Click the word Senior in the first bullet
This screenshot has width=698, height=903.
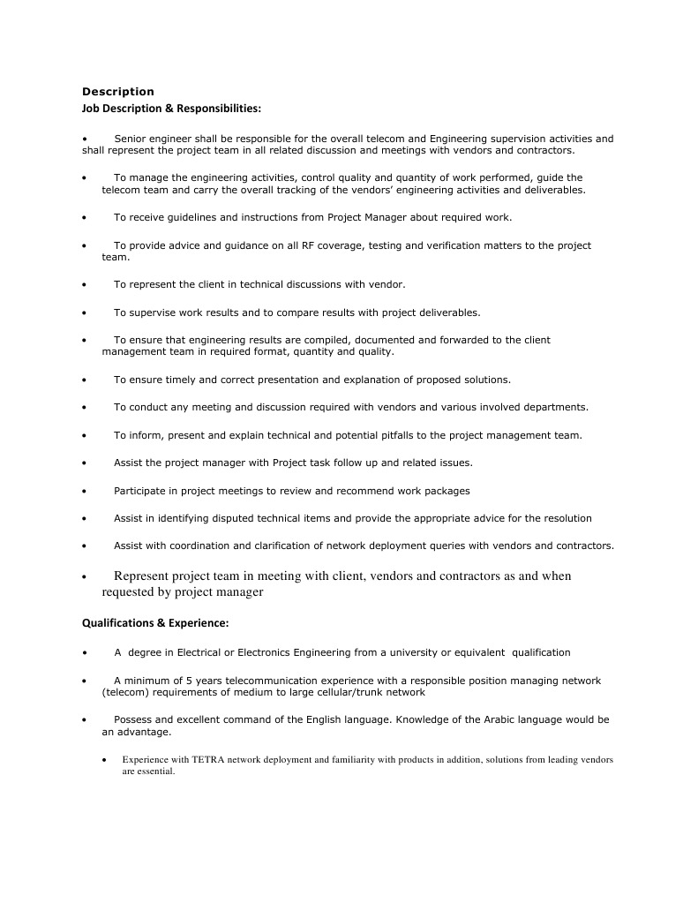[x=131, y=139]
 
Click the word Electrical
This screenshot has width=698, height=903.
[x=199, y=652]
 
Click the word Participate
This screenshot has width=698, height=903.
[x=139, y=490]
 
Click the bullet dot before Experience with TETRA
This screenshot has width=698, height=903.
[x=104, y=759]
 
